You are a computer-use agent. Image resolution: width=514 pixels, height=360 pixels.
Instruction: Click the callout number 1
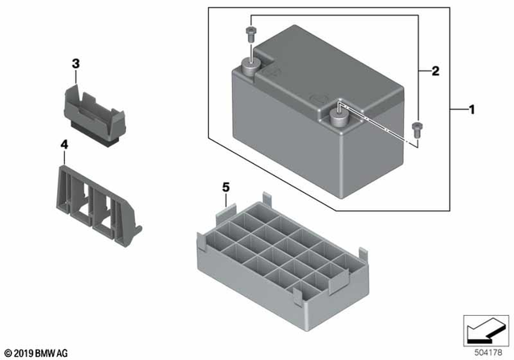(x=471, y=109)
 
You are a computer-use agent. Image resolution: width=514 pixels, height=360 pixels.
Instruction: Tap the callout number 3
(x=75, y=63)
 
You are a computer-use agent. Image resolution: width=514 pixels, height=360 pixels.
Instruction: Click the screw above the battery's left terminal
(x=249, y=34)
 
